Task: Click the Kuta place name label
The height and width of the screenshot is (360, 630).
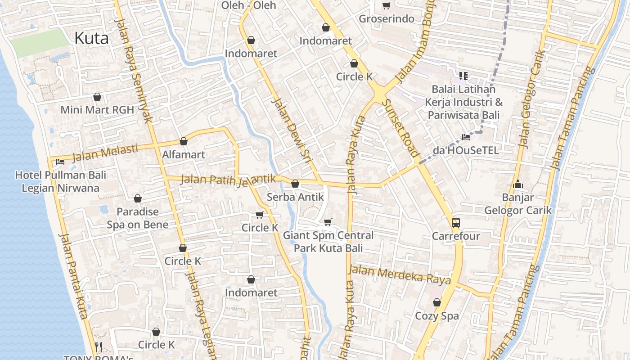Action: click(x=91, y=38)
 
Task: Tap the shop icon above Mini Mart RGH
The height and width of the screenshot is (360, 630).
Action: click(x=97, y=97)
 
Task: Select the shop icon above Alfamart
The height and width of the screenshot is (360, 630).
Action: click(x=183, y=142)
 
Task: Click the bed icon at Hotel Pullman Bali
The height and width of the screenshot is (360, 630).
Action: click(x=60, y=162)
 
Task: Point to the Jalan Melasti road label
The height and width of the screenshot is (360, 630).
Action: click(x=105, y=152)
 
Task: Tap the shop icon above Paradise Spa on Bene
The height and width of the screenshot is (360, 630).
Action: click(x=138, y=198)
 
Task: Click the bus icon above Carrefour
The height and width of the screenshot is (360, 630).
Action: click(x=456, y=222)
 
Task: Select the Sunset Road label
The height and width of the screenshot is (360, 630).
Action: click(x=400, y=128)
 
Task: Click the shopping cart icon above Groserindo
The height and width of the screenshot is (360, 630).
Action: click(x=386, y=6)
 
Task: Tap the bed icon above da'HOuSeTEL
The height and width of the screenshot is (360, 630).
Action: click(x=466, y=137)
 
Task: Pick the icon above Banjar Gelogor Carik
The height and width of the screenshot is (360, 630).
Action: click(x=517, y=184)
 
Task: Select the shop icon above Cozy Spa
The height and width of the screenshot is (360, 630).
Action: click(x=436, y=302)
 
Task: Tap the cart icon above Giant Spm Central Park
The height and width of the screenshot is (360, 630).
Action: click(x=328, y=222)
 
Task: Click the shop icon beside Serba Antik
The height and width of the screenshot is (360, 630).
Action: click(x=295, y=184)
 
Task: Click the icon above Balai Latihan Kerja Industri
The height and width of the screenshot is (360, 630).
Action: click(x=463, y=76)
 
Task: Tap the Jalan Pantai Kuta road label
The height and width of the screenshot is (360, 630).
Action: click(x=73, y=275)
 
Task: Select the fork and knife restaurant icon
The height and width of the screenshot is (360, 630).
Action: click(x=99, y=347)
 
